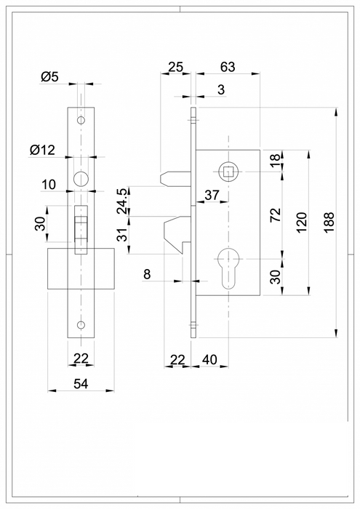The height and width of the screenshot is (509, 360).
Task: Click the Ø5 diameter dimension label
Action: [50, 76]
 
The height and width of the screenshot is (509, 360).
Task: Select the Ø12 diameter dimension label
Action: [43, 150]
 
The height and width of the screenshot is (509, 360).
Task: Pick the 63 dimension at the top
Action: [228, 68]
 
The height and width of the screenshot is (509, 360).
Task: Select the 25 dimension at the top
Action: [175, 68]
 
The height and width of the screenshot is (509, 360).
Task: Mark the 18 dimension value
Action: [275, 161]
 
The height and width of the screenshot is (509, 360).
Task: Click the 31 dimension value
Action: [124, 233]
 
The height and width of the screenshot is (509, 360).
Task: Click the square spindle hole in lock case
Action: [228, 172]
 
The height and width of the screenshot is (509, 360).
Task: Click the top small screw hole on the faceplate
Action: [81, 119]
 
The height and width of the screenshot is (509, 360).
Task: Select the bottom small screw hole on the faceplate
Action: [81, 324]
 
